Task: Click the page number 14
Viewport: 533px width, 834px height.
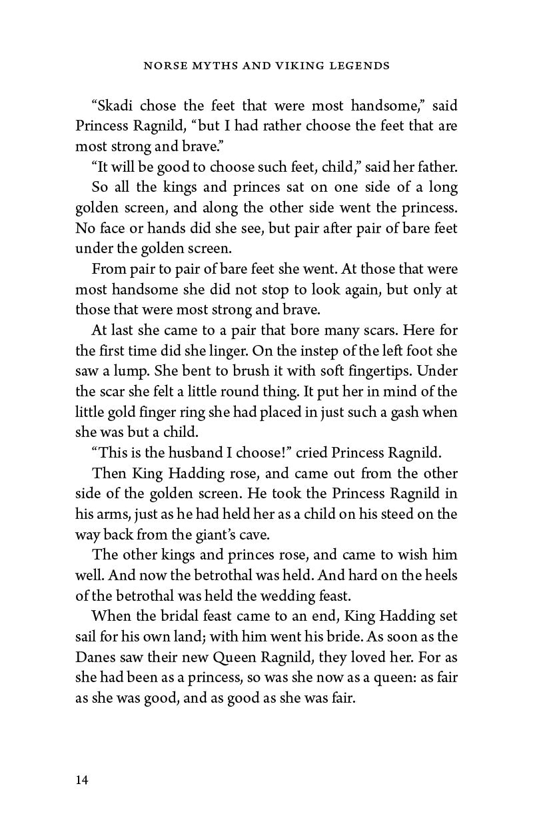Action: [81, 780]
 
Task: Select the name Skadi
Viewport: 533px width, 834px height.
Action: [117, 107]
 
